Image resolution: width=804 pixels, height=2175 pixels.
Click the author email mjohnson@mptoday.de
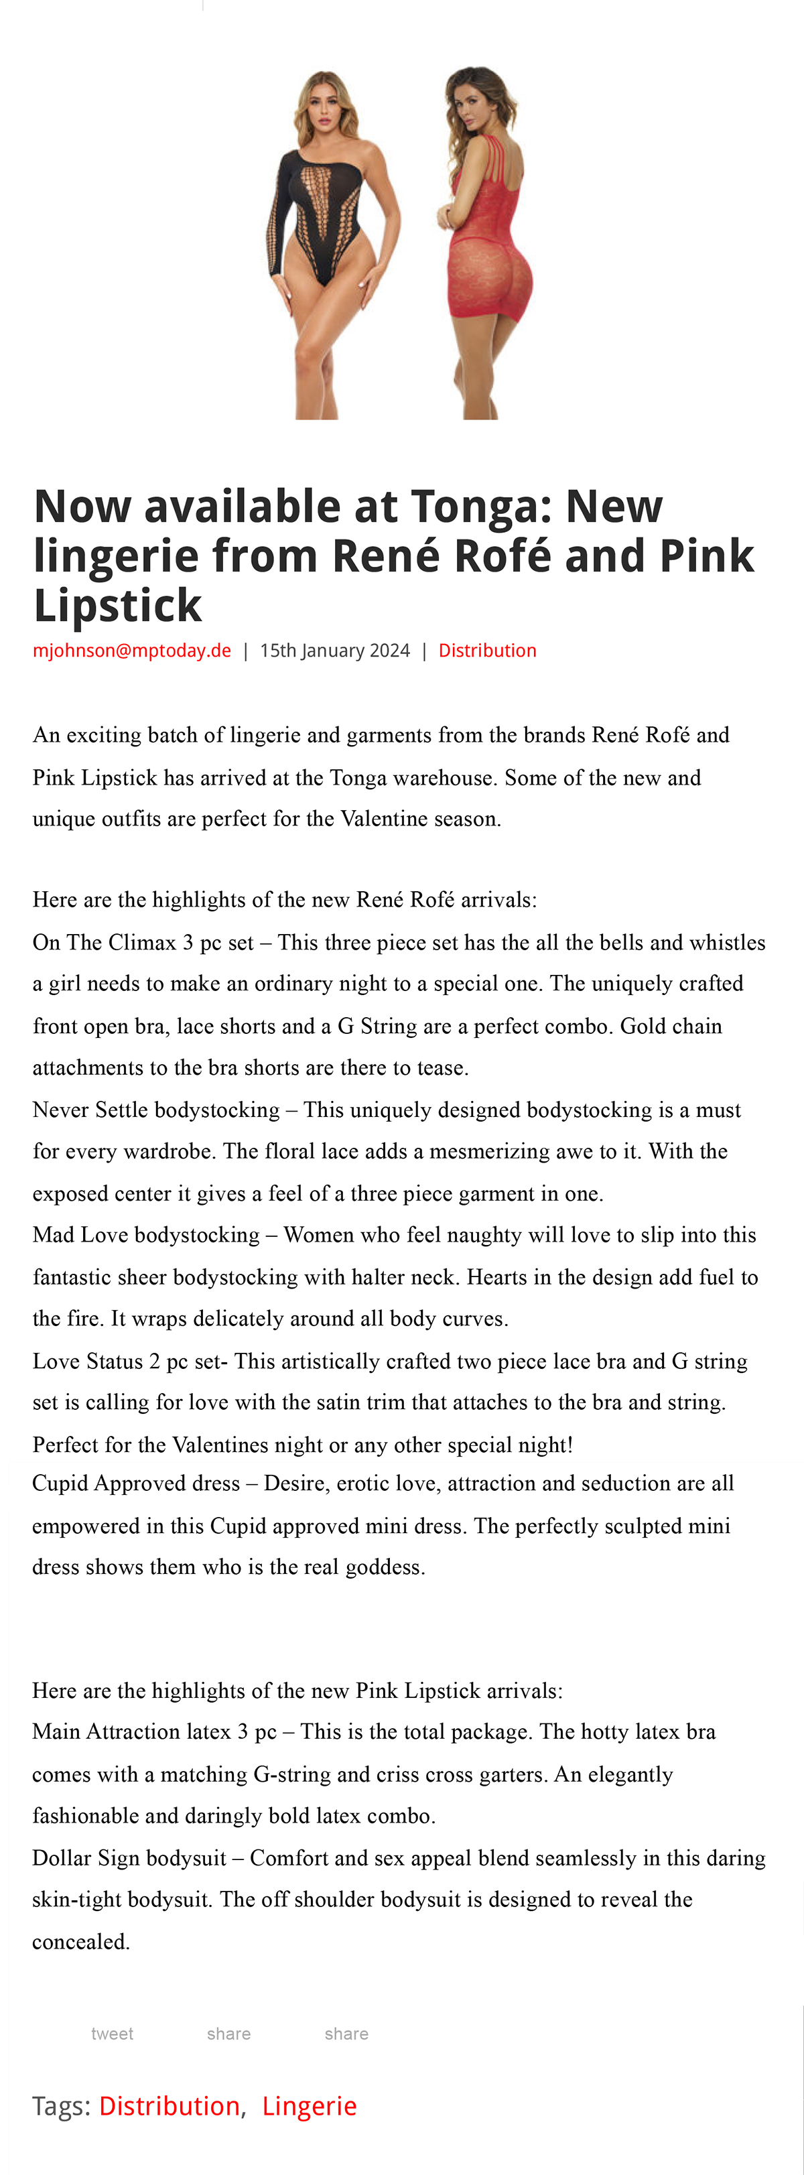(x=132, y=650)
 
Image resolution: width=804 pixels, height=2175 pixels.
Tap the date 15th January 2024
(x=334, y=650)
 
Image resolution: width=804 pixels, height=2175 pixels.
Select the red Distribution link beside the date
(x=487, y=650)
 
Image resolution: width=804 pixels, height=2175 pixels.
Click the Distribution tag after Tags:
(x=169, y=2106)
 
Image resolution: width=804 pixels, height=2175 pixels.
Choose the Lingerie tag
(x=309, y=2106)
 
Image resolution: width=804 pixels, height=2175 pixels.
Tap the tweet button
(x=113, y=2034)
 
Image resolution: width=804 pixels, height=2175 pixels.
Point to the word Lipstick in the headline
(x=117, y=605)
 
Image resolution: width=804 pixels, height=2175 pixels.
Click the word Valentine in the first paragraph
(x=383, y=819)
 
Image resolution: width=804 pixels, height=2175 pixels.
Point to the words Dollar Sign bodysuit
(x=129, y=1857)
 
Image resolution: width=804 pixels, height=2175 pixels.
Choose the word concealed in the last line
(x=80, y=1941)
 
